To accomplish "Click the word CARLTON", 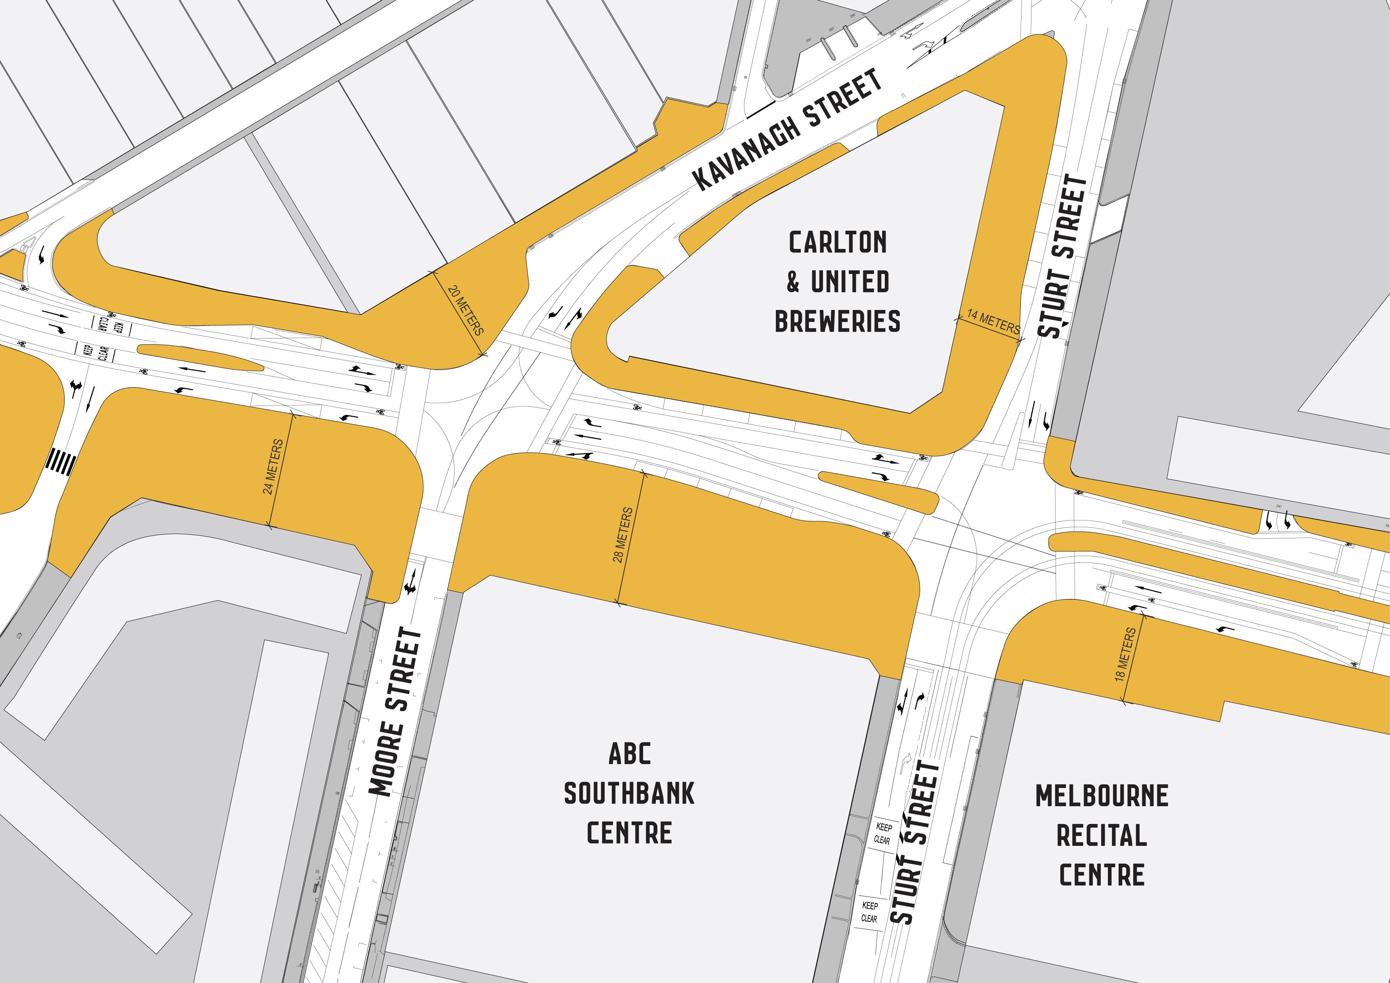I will [x=837, y=243].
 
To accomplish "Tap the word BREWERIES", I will [x=837, y=321].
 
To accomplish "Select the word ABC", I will [x=630, y=754].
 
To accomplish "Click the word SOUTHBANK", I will [x=630, y=794].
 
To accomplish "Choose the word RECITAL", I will [x=1102, y=835].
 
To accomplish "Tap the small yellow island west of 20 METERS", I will [x=200, y=358].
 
